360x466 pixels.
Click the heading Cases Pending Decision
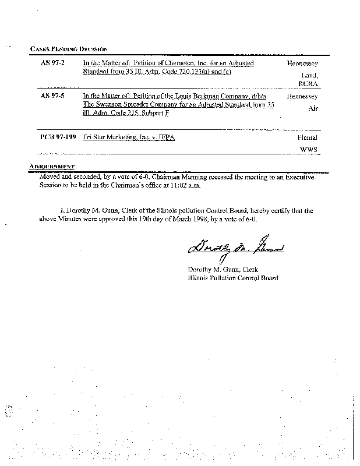pyautogui.click(x=68, y=49)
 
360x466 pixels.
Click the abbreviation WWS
pyautogui.click(x=308, y=150)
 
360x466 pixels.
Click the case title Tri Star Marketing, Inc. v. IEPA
pyautogui.click(x=129, y=137)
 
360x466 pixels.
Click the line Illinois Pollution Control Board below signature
pyautogui.click(x=232, y=278)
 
